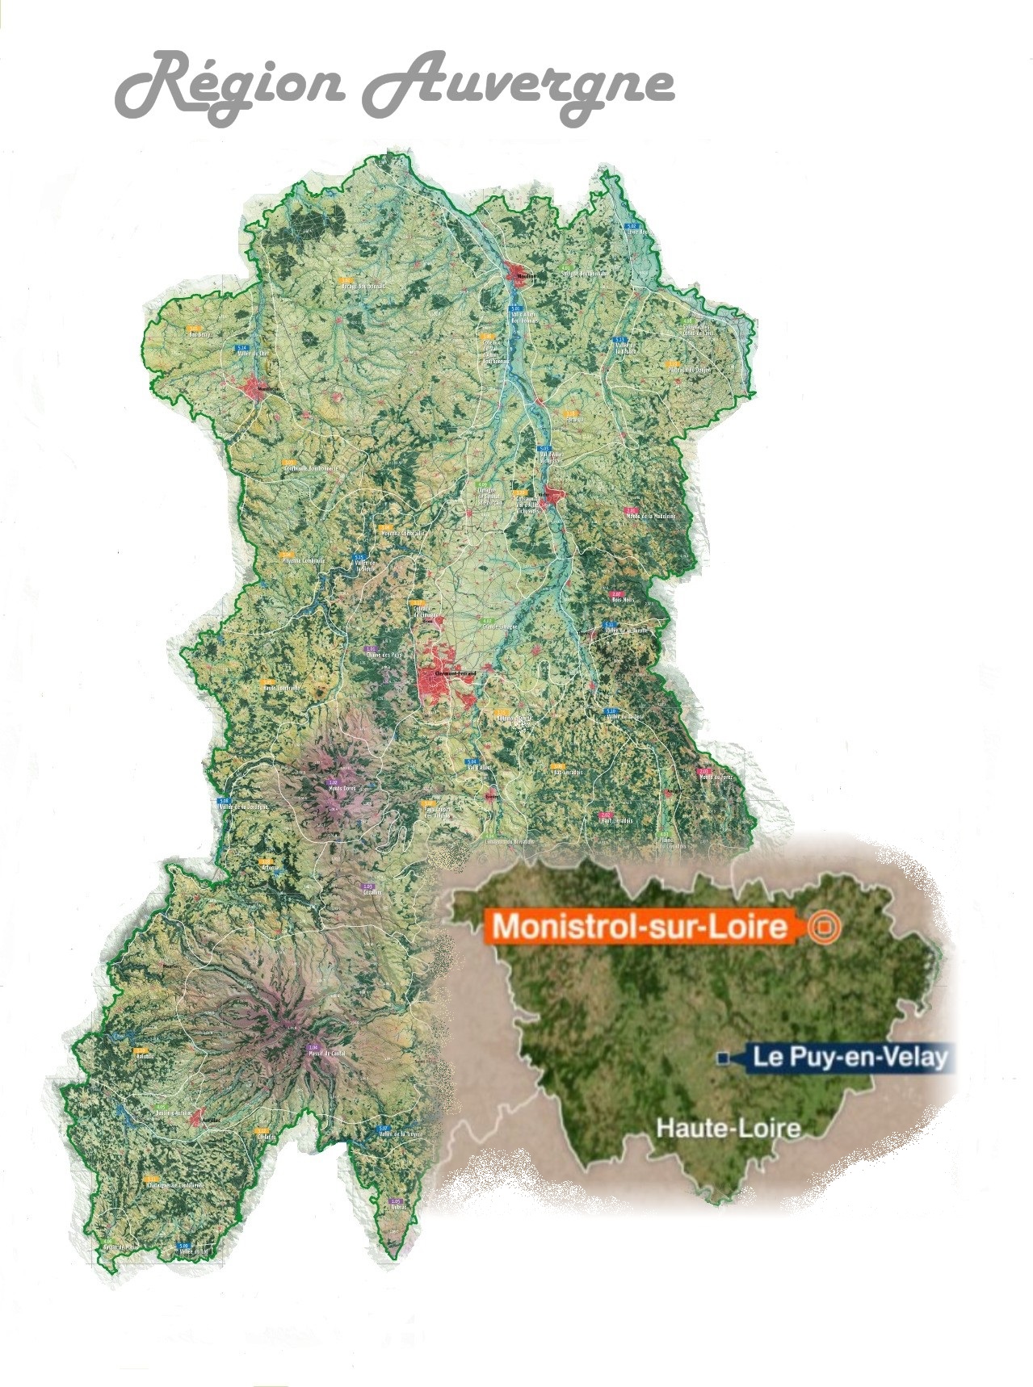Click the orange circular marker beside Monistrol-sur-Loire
[824, 927]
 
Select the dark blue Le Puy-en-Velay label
[848, 1057]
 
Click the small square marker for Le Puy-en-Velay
[724, 1058]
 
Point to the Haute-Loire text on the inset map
[728, 1127]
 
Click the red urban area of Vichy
[554, 496]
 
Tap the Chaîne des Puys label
[384, 654]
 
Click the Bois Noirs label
[623, 599]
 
